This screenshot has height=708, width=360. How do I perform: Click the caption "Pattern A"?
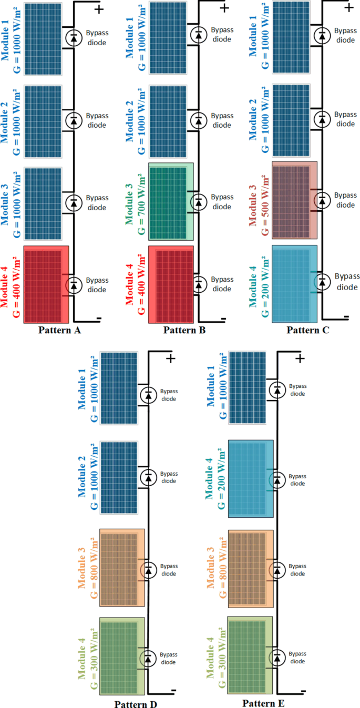(x=59, y=331)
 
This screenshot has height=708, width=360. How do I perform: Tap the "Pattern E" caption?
(x=264, y=703)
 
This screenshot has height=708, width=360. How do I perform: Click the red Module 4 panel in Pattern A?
(x=46, y=283)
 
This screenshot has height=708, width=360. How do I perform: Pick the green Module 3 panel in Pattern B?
(x=171, y=201)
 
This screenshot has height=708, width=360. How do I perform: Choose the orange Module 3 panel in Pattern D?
(x=122, y=567)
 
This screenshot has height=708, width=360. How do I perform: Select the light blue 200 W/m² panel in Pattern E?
(x=251, y=477)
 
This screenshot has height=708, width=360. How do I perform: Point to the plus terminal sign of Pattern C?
(x=348, y=8)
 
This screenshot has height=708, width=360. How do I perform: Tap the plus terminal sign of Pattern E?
(x=300, y=358)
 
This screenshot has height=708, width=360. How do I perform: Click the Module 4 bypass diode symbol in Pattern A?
(x=74, y=285)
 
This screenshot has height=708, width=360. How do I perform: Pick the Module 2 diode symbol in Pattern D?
(x=149, y=477)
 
